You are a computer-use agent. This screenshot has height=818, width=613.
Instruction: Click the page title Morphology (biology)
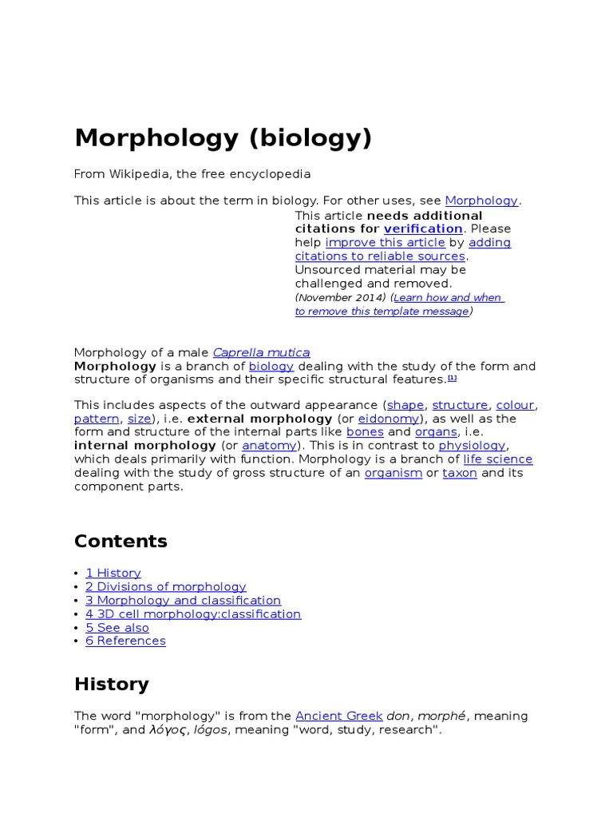point(223,138)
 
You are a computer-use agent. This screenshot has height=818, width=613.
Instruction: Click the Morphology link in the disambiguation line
point(481,201)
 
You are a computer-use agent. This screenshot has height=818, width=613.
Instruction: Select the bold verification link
point(423,228)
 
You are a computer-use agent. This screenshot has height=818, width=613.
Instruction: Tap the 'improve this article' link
point(385,242)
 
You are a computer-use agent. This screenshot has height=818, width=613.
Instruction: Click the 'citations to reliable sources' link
point(380,256)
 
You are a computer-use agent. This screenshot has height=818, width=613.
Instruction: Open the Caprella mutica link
point(261,352)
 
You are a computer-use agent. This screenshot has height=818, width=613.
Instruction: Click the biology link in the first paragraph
point(271,366)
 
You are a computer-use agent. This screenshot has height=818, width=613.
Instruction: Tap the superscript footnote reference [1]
point(452,377)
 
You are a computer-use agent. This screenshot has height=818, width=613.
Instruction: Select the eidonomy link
point(389,419)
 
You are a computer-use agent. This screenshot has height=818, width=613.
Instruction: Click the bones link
point(365,432)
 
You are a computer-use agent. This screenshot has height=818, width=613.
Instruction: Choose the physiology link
point(472,445)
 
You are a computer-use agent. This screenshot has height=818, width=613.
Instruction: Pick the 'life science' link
point(497,459)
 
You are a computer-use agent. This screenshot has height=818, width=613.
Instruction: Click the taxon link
point(460,472)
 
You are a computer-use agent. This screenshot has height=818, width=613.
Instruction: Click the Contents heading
point(121,541)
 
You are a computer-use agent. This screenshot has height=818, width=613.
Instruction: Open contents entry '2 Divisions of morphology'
point(166,586)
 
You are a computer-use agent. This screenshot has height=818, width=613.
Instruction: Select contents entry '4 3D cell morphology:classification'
point(193,613)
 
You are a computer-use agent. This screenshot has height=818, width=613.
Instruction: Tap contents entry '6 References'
point(126,641)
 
